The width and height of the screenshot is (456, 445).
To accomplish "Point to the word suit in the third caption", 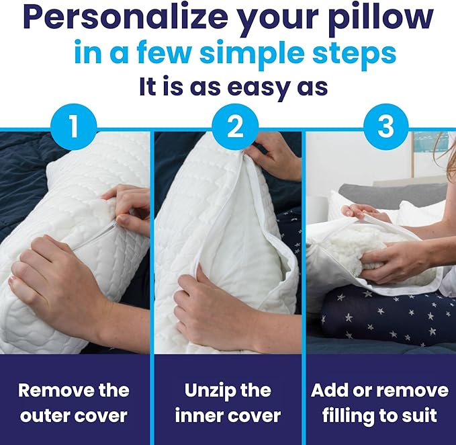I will point(425,415).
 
